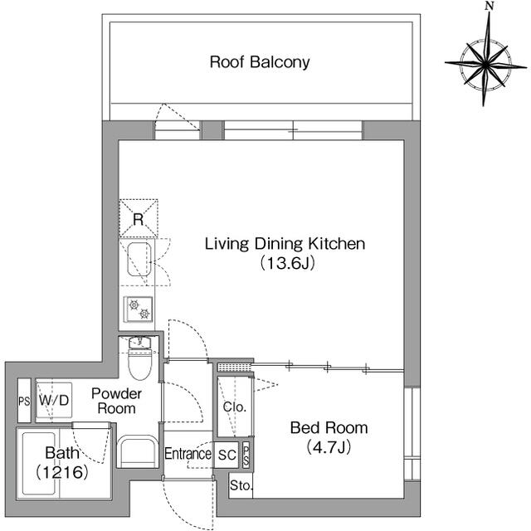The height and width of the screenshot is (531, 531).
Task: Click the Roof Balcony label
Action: click(260, 62)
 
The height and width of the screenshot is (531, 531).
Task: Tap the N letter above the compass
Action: click(489, 6)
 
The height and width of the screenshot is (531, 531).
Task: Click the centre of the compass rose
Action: click(485, 64)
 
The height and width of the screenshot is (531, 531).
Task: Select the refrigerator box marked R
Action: click(139, 217)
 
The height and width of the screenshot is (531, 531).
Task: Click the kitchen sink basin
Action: click(139, 259)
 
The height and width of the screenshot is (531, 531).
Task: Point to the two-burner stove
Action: click(139, 309)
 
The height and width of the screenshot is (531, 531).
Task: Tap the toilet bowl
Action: click(140, 365)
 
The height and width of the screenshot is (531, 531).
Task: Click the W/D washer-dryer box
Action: click(54, 400)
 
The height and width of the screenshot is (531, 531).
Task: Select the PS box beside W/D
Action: click(24, 401)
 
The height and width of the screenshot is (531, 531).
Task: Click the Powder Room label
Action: click(116, 401)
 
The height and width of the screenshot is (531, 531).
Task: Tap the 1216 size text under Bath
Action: click(62, 472)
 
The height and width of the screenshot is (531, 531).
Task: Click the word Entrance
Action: click(188, 454)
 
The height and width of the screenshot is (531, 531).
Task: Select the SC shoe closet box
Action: click(227, 455)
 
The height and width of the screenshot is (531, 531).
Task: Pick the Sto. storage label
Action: click(241, 485)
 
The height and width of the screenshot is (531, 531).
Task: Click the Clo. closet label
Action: click(234, 407)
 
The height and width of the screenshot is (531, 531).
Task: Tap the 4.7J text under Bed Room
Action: click(329, 447)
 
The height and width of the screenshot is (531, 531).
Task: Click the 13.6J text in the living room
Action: click(288, 263)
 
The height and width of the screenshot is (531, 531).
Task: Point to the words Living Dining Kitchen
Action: click(285, 244)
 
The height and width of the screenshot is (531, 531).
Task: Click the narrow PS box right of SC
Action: click(246, 455)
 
